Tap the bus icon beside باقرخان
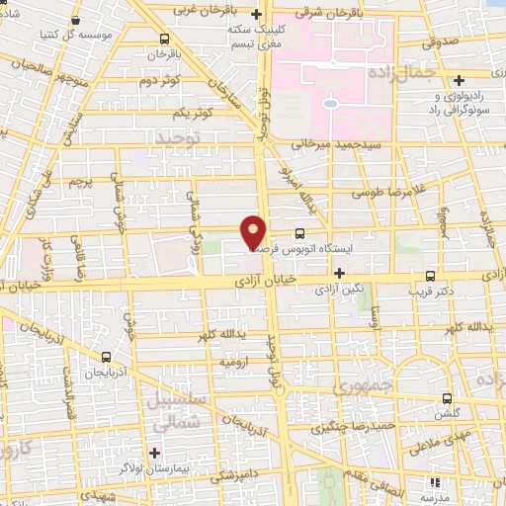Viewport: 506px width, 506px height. click(x=164, y=40)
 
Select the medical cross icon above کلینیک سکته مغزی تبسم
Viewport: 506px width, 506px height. click(x=257, y=15)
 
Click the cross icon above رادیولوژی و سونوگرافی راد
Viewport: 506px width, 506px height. click(x=460, y=80)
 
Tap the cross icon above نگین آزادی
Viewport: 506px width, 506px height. click(x=340, y=273)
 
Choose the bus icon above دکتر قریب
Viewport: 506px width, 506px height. click(x=430, y=277)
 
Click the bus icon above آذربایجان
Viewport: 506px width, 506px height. click(x=106, y=356)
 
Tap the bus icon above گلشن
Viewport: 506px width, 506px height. click(x=446, y=400)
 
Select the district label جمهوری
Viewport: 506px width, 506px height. click(x=364, y=383)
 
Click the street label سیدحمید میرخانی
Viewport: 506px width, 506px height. click(x=333, y=143)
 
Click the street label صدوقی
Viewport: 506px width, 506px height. click(x=440, y=42)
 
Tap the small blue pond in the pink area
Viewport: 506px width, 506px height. click(x=330, y=102)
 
